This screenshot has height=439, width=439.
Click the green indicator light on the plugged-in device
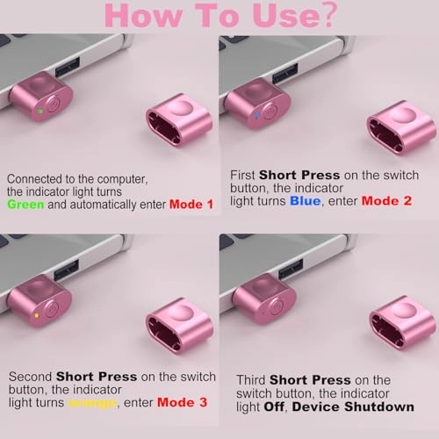[x=41, y=112]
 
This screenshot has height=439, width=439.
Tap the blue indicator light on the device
[x=256, y=114]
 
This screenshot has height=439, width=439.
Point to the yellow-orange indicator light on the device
[x=36, y=316]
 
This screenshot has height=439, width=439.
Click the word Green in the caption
[x=25, y=205]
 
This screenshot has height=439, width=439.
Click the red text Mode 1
[x=191, y=205]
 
